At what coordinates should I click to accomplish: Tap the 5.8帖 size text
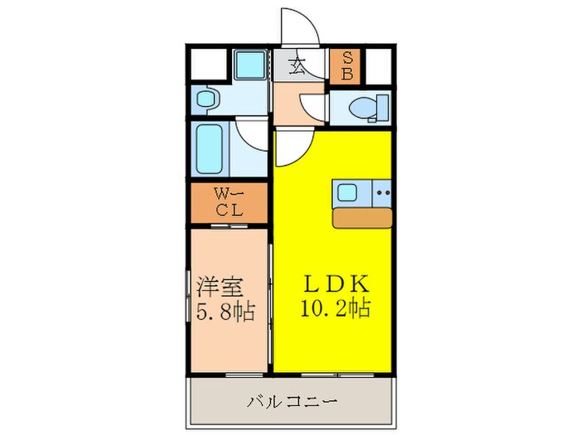[x=225, y=313]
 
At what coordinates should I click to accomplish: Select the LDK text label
[x=334, y=283]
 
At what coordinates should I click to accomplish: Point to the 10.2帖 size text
[x=336, y=308]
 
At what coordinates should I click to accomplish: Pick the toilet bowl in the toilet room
[x=364, y=107]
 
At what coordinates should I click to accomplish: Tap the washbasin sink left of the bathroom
[x=205, y=100]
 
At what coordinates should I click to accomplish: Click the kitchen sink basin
[x=347, y=193]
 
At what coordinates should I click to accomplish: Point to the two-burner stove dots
[x=382, y=193]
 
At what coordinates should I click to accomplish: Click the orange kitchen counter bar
[x=362, y=218]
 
